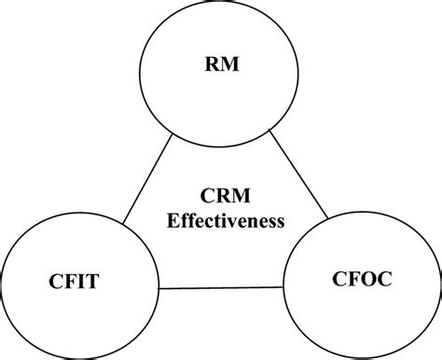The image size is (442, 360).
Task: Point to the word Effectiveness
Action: pyautogui.click(x=224, y=222)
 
